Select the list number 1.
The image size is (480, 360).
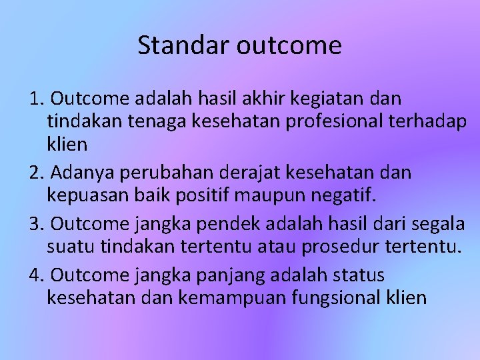[36, 99]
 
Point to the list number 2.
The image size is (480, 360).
[36, 173]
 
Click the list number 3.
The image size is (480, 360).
[36, 223]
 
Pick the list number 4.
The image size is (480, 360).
[36, 275]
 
